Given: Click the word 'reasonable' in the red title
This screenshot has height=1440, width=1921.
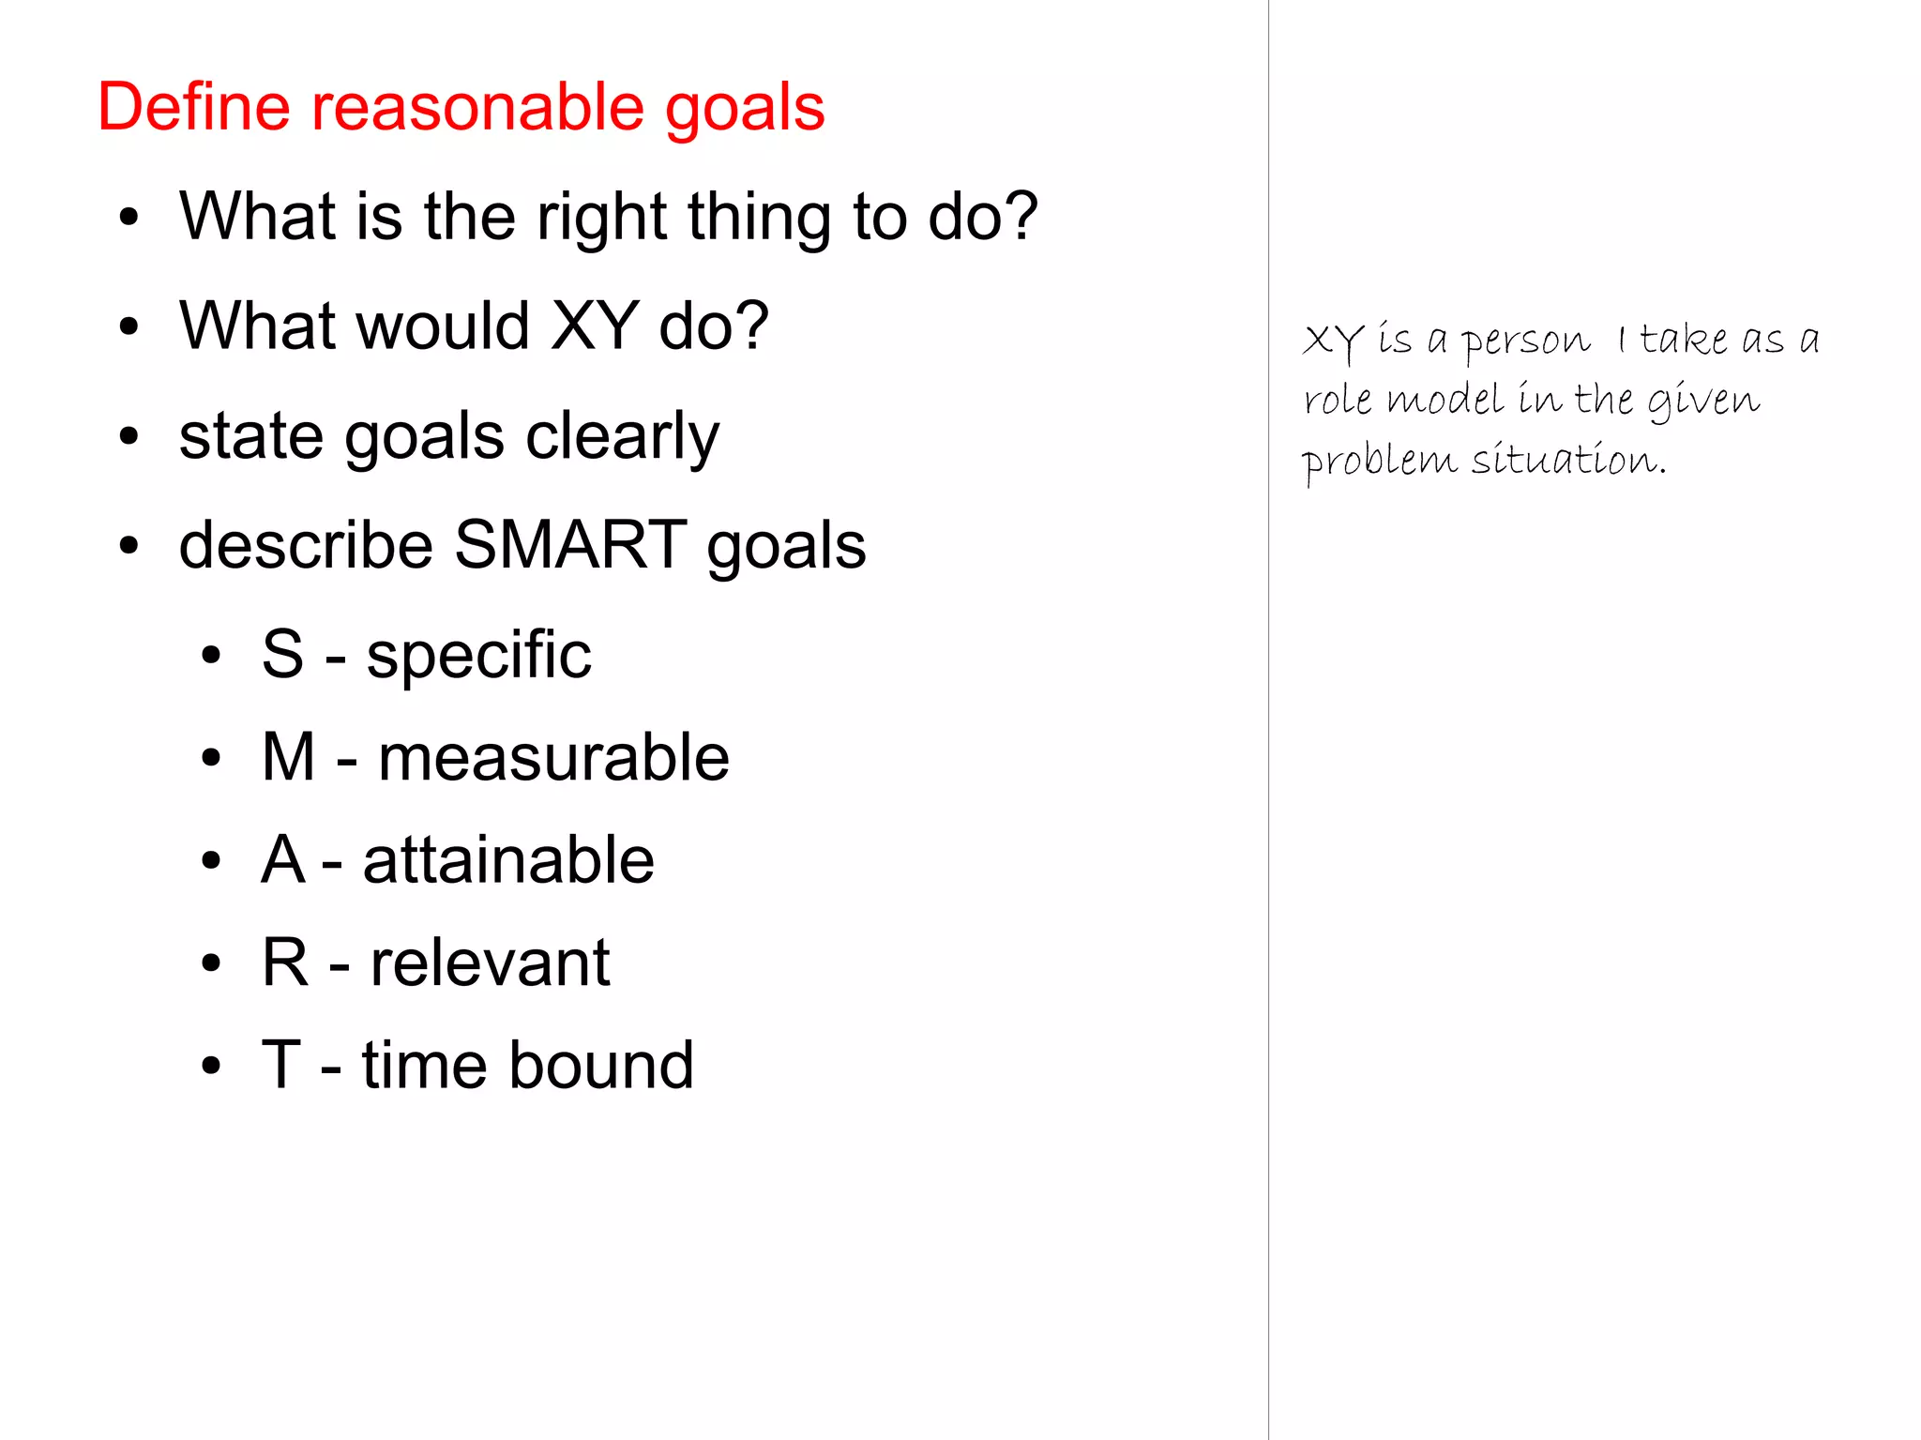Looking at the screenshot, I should tap(477, 107).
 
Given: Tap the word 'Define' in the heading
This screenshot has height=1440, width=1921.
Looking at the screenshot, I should tap(193, 107).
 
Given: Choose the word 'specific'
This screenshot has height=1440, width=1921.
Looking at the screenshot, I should tap(478, 656).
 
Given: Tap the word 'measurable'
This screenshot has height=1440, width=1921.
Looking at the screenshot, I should tap(553, 758).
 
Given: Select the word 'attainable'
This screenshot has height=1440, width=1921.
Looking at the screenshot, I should tap(508, 860).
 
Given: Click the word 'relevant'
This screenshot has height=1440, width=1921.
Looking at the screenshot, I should tap(490, 963).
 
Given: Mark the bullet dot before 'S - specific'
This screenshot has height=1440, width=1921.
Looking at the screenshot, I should tap(211, 656).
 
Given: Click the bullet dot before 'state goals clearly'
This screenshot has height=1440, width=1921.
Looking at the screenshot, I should tap(129, 436).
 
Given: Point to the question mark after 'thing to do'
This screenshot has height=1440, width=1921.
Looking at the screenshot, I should tap(1019, 217).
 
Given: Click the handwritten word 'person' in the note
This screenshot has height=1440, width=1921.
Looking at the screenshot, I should tap(1526, 341).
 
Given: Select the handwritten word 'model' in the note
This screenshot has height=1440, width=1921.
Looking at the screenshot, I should tap(1445, 401).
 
